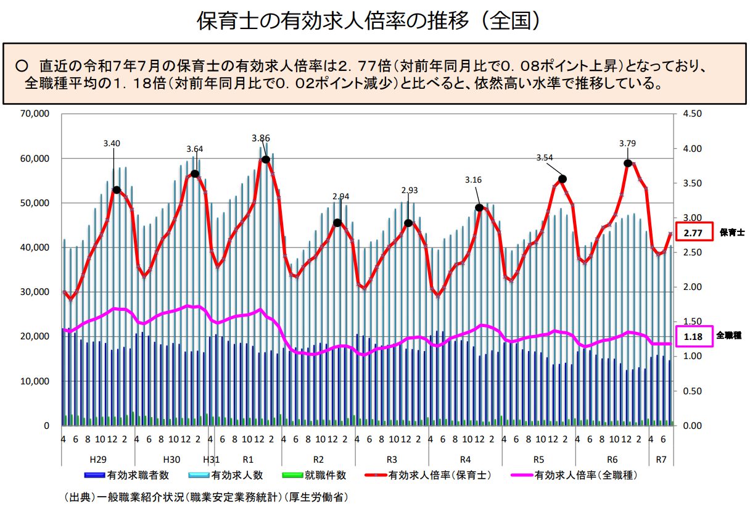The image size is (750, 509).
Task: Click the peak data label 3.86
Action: coord(260,138)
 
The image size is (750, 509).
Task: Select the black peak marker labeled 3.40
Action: coord(117,189)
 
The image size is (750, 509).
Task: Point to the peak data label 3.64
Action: coord(195,149)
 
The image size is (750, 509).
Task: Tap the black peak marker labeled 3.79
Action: coord(628,163)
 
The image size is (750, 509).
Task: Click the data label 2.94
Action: coord(340,197)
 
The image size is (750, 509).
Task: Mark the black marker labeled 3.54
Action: coord(562,179)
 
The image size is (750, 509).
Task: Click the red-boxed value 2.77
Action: coord(694,233)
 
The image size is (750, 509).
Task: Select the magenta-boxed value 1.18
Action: coord(694,336)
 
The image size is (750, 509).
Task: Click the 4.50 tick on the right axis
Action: coord(693,114)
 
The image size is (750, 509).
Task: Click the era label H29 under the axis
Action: coord(98,460)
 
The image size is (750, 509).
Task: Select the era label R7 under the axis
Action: coord(661,460)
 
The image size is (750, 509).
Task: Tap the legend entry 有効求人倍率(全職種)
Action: coord(585,476)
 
